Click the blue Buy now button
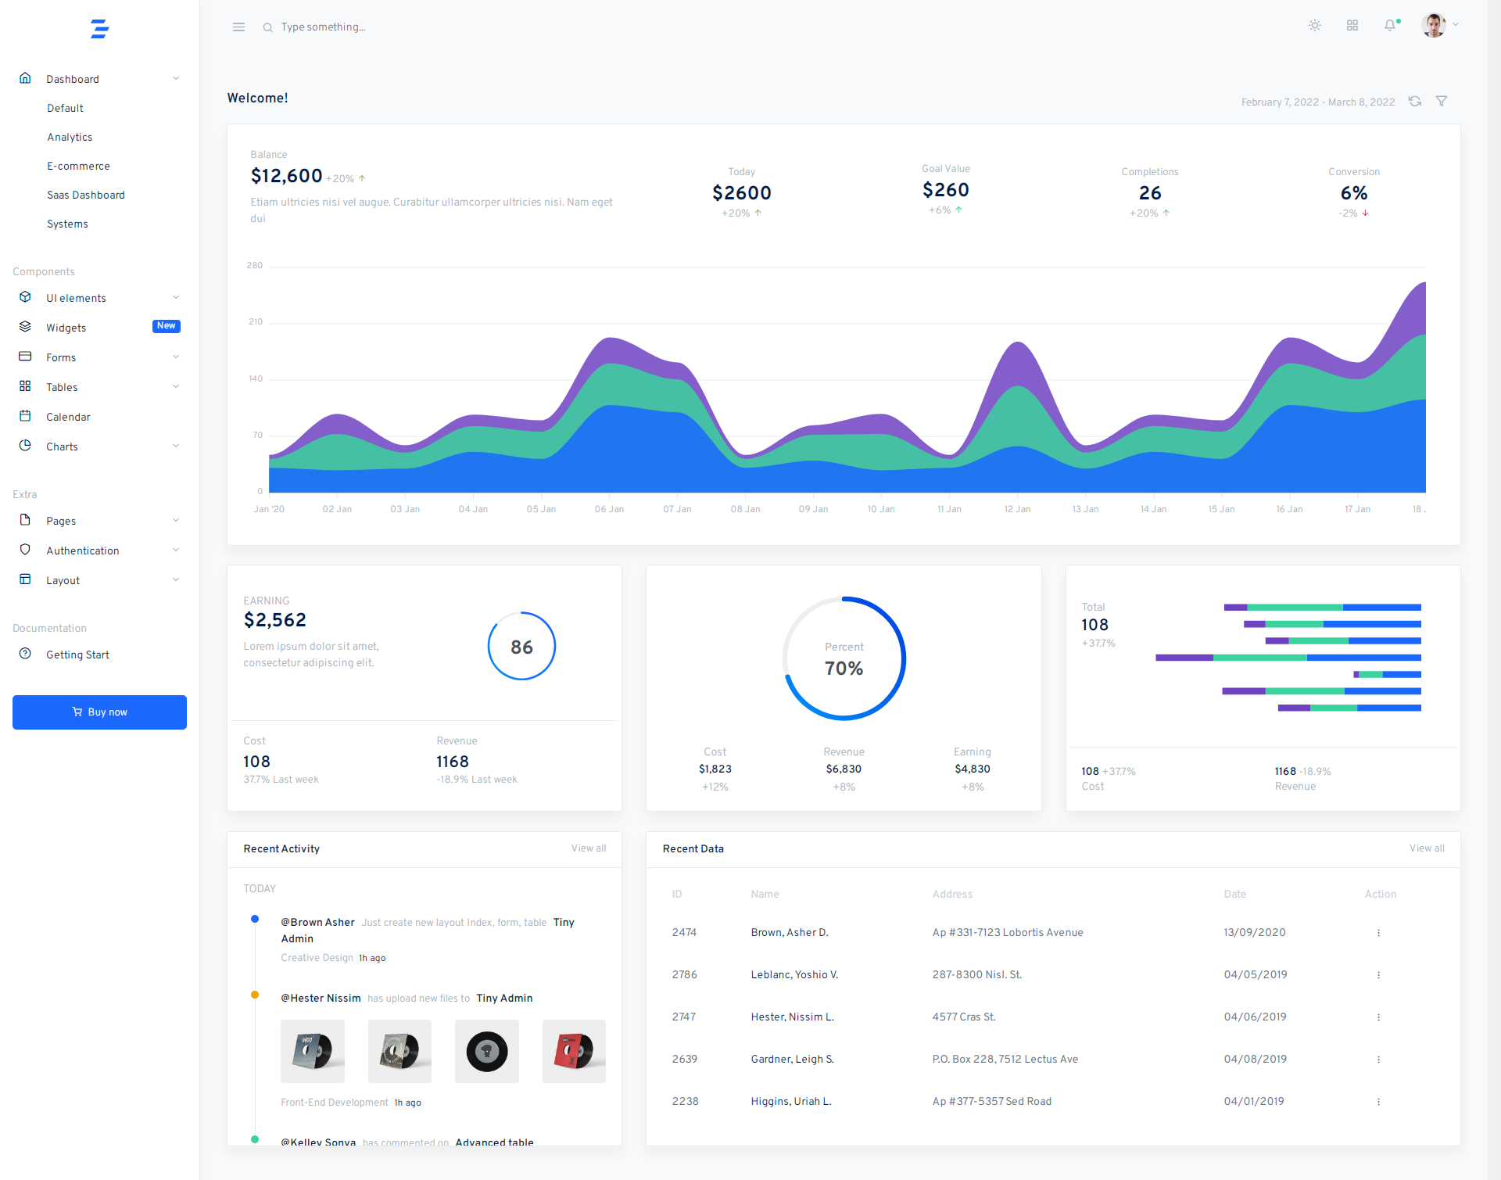tap(99, 712)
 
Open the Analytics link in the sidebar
tap(70, 137)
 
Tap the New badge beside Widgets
tap(166, 326)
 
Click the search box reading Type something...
tap(323, 27)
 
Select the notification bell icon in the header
tap(1389, 26)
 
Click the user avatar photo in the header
tap(1434, 25)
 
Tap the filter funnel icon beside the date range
tap(1442, 101)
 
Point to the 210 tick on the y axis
tap(256, 321)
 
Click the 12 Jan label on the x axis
tap(1017, 509)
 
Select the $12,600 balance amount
tap(286, 176)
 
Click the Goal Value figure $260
tap(945, 190)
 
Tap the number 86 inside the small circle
tap(521, 647)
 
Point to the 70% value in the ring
tap(844, 669)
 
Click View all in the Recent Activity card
tap(588, 848)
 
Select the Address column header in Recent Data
tap(952, 894)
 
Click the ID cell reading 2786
tap(684, 974)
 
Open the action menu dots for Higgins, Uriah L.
tap(1378, 1101)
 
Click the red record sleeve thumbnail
tap(574, 1051)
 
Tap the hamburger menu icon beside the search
tap(238, 27)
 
